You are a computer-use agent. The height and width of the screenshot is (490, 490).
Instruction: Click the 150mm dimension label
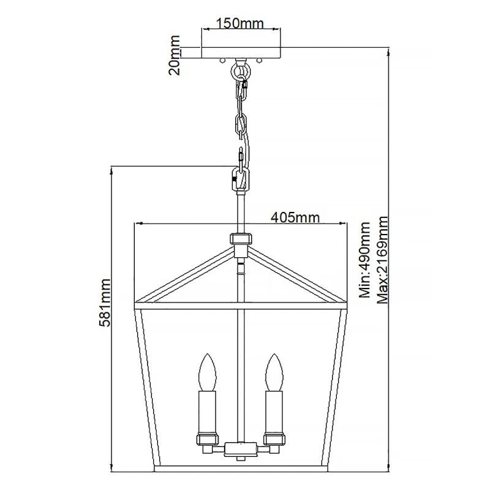click(x=240, y=23)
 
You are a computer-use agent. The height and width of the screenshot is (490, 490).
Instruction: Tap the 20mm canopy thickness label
click(x=174, y=55)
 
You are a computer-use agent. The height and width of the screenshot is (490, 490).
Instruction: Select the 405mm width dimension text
click(x=295, y=217)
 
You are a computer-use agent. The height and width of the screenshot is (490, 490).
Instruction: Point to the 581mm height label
click(x=104, y=303)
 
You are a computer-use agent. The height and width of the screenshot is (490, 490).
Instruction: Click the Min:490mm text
click(x=364, y=260)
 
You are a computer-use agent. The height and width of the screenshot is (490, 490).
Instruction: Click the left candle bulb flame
click(x=207, y=372)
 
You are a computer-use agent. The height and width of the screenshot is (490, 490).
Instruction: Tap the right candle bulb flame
click(x=274, y=372)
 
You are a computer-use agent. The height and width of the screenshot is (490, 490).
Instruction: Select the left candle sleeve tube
click(x=207, y=411)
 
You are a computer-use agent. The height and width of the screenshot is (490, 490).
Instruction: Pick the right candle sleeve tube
click(x=274, y=411)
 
